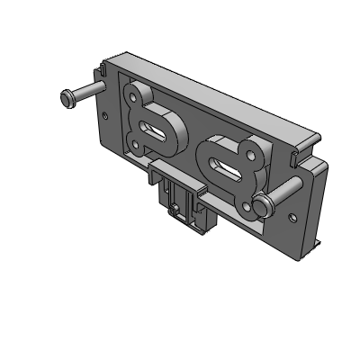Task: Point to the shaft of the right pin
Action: [286, 190]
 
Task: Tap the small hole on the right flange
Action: [290, 217]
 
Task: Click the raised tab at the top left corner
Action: [102, 72]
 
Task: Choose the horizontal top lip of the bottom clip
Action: [176, 171]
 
